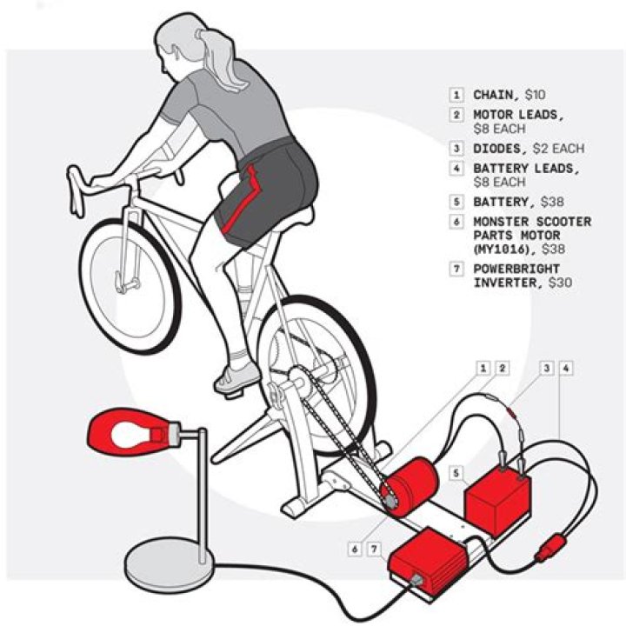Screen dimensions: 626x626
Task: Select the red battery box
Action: click(498, 498)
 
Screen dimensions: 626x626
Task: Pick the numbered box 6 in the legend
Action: click(456, 222)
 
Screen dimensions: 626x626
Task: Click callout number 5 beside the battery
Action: click(455, 473)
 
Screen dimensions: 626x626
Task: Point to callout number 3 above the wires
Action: click(547, 369)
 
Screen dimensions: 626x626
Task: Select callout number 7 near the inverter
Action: click(375, 549)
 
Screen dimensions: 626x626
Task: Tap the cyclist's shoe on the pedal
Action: click(235, 376)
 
